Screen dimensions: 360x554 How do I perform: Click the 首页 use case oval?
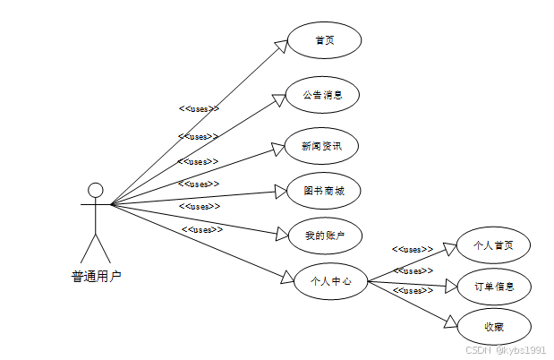[x=323, y=40]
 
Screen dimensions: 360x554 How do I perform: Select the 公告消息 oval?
[x=323, y=94]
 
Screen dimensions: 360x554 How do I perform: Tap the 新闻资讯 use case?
[x=322, y=145]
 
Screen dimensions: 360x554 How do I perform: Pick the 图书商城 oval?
[x=323, y=191]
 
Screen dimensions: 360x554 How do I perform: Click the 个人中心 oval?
[x=330, y=281]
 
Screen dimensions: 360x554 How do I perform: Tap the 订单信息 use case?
[x=493, y=287]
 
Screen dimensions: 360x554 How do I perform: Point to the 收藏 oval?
[x=493, y=326]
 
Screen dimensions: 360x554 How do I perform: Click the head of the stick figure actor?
[x=95, y=190]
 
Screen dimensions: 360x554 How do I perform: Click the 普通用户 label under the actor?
[x=95, y=277]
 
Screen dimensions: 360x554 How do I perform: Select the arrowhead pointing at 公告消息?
[x=279, y=98]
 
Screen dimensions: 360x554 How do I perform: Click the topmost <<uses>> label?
[x=199, y=108]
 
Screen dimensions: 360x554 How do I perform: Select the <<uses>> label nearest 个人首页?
[x=413, y=249]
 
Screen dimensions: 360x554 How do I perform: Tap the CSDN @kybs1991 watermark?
[x=506, y=350]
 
